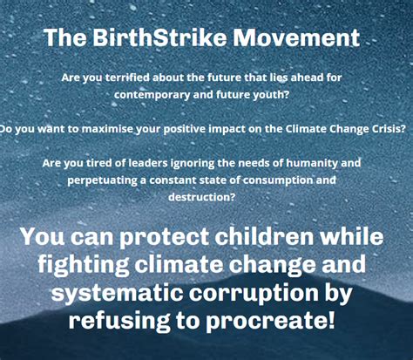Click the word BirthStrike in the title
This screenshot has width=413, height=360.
[159, 37]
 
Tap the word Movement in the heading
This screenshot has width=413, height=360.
[296, 37]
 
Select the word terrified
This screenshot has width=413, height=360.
[127, 78]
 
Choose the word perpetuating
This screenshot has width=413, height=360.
[103, 180]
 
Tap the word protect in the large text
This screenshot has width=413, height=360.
[164, 238]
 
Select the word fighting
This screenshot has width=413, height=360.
[84, 265]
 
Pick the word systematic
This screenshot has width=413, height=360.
[117, 293]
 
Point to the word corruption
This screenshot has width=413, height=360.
[254, 294]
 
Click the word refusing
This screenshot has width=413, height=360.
[119, 321]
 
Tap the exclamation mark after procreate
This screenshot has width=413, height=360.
[330, 319]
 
